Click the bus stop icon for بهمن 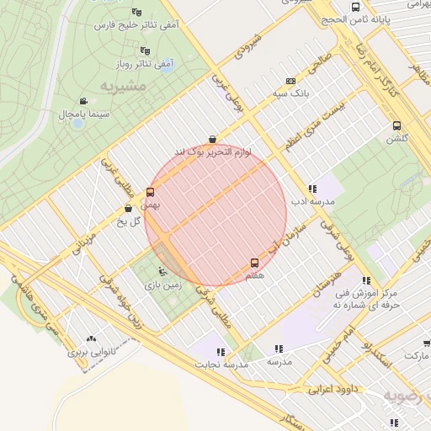[151, 192]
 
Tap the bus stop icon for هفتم [255, 263]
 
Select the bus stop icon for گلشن [396, 126]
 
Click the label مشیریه [123, 87]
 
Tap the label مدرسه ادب [312, 202]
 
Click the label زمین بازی [162, 286]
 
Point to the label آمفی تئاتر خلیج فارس [138, 25]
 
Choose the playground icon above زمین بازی [162, 272]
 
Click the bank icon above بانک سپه [291, 81]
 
